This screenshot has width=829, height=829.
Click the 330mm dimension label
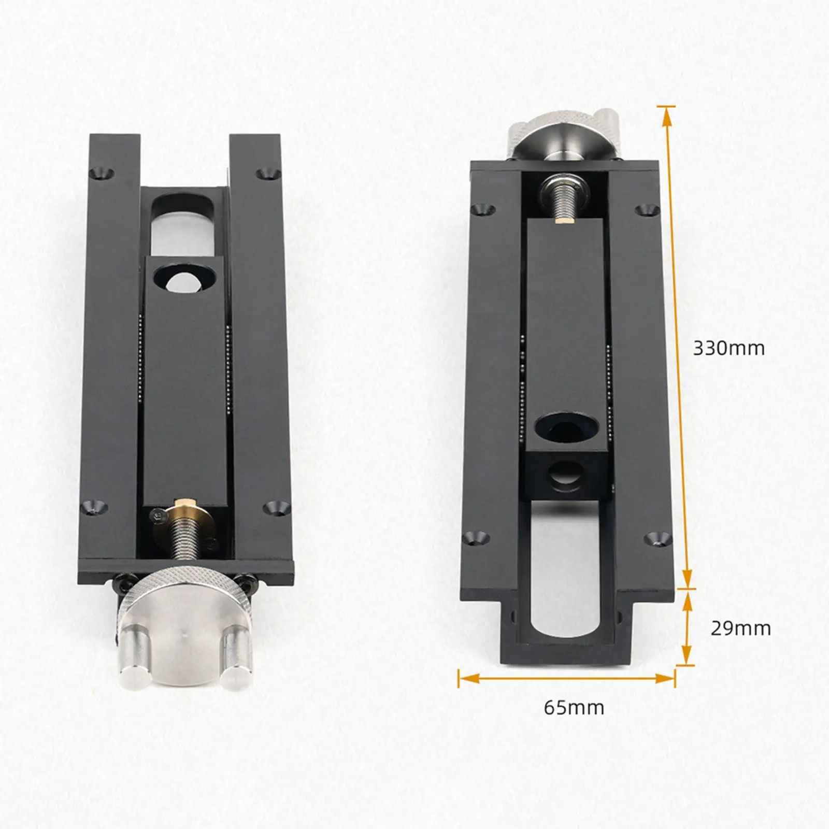coord(728,348)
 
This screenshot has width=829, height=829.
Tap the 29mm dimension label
coord(740,628)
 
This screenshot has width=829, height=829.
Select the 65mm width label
coord(574,707)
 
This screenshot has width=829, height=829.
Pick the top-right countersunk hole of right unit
coord(645,210)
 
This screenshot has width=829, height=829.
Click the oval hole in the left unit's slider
coord(184,278)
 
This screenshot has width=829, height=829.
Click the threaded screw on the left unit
coord(184,544)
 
